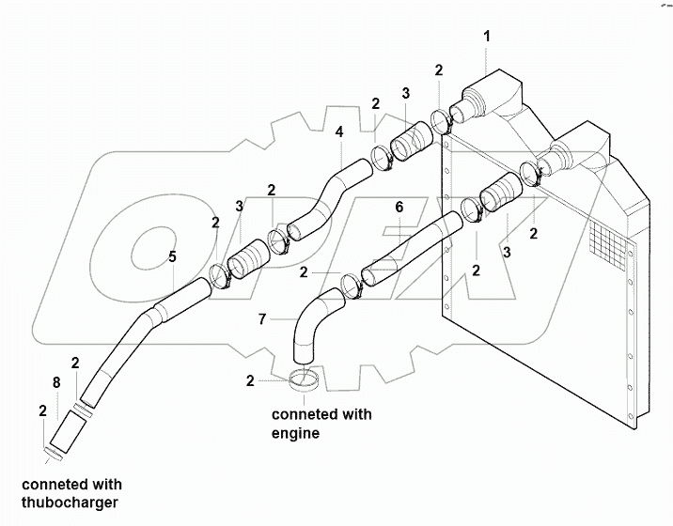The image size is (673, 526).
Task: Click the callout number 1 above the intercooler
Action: (486, 38)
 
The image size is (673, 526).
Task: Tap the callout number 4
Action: (339, 132)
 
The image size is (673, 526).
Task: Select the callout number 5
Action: (172, 255)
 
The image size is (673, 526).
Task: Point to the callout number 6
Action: (399, 206)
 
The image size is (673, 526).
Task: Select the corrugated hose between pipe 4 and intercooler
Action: (410, 147)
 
